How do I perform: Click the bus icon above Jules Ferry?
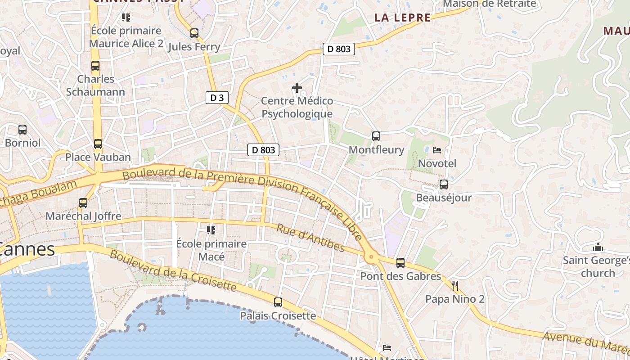click(194, 33)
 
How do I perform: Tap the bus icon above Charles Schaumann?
click(95, 66)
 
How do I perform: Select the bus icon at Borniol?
click(22, 130)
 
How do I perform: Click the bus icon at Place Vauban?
click(98, 144)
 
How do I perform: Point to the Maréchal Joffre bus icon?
click(83, 203)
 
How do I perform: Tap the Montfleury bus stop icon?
click(376, 136)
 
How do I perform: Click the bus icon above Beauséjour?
click(444, 184)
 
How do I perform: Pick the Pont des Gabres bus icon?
click(400, 263)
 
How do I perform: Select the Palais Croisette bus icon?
click(278, 302)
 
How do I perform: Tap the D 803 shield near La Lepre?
click(339, 49)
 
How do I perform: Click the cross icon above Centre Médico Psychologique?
click(297, 88)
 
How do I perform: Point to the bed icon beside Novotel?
click(437, 150)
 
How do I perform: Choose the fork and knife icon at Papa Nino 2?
click(455, 285)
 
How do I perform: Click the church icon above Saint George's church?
click(598, 247)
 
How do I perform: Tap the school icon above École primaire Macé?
click(211, 230)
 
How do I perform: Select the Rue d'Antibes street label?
click(310, 238)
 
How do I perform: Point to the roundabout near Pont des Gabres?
click(371, 257)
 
